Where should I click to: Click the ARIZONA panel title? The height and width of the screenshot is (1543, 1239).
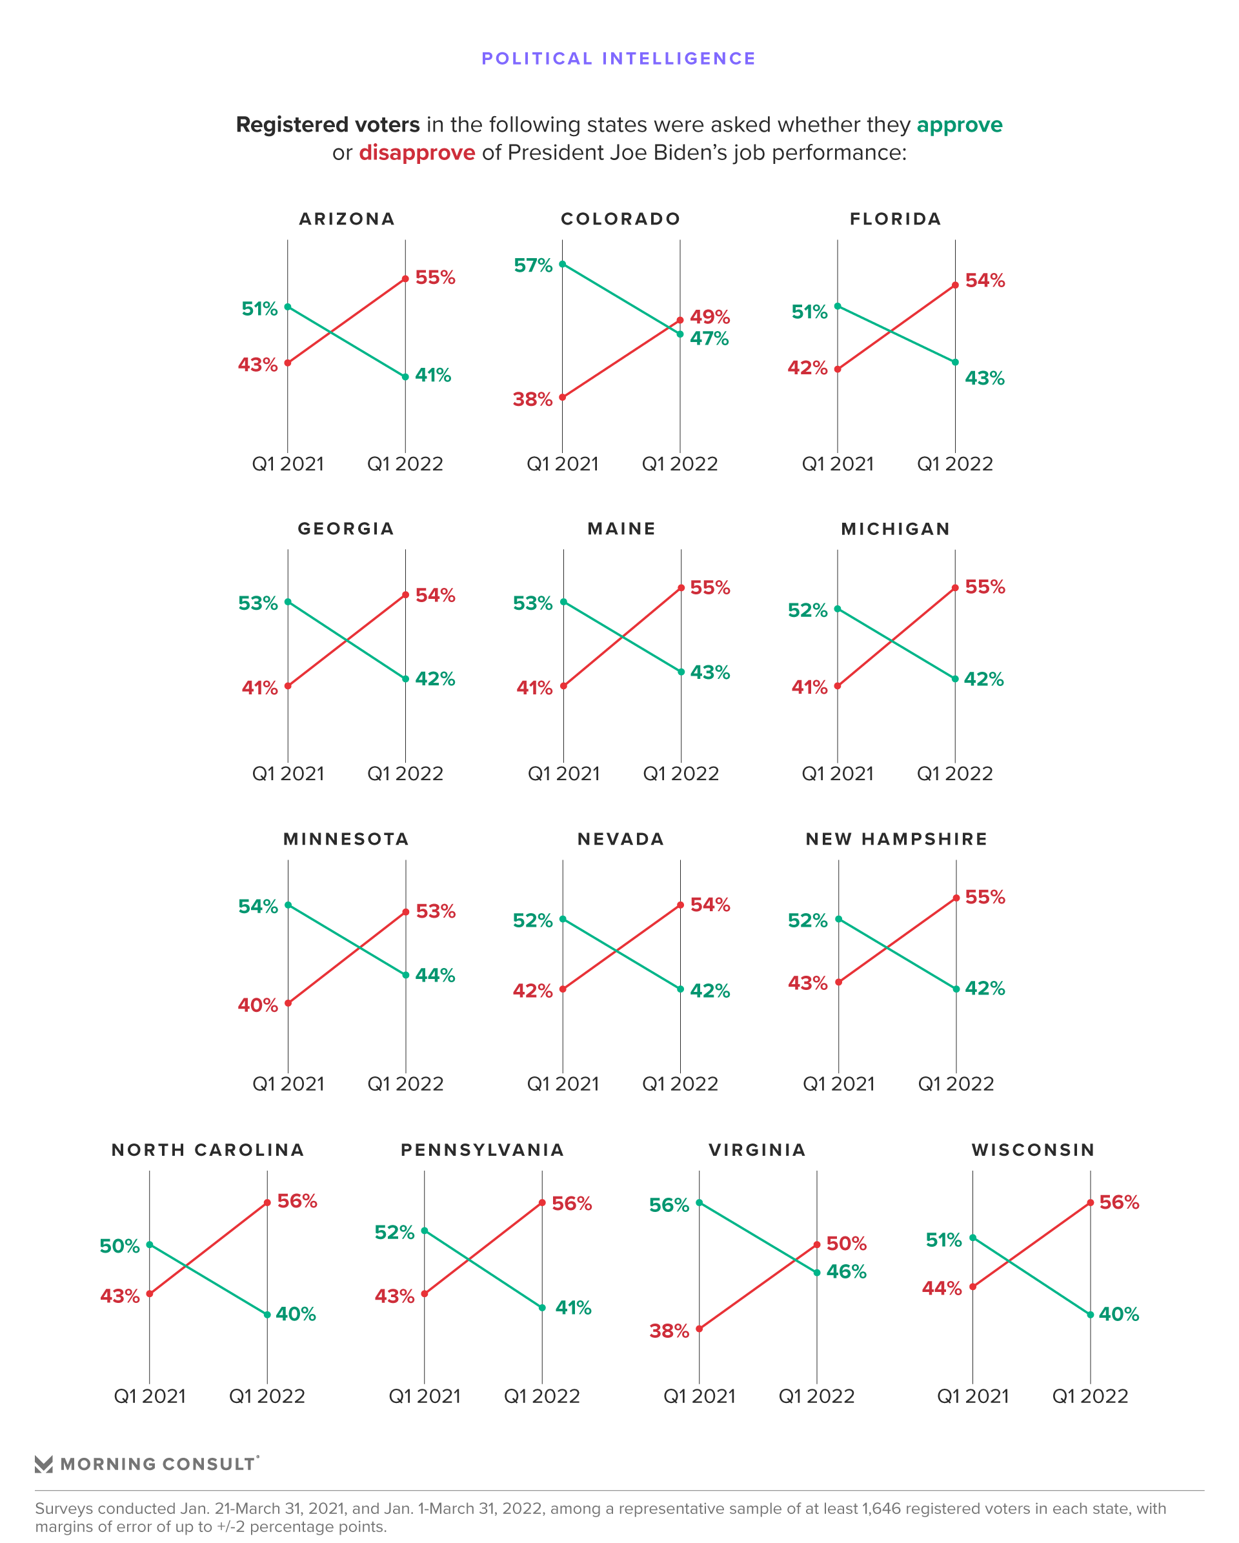pos(347,219)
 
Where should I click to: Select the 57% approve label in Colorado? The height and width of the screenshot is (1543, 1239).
pos(532,265)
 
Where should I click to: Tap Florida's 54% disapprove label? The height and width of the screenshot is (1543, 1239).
pos(984,281)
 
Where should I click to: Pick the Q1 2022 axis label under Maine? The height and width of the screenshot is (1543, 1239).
pos(680,774)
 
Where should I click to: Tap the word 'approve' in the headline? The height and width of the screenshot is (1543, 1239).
pos(958,125)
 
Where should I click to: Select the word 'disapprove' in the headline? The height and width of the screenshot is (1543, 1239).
pos(417,152)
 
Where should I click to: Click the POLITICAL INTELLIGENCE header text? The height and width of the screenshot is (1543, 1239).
pos(618,59)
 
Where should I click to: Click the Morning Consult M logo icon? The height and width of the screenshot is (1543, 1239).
pos(44,1464)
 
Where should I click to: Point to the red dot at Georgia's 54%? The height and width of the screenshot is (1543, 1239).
pos(405,595)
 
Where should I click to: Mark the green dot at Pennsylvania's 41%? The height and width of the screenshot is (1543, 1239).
pos(542,1307)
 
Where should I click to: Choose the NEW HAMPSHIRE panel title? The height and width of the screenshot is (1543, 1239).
pos(896,839)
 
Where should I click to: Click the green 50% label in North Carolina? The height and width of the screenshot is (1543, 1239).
pos(119,1246)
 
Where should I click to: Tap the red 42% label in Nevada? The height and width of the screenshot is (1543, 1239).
pos(532,991)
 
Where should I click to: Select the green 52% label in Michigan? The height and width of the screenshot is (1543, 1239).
pos(807,610)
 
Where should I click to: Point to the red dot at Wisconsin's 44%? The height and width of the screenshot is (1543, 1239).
pos(972,1287)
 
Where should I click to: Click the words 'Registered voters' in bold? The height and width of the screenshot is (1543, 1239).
pos(328,125)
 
